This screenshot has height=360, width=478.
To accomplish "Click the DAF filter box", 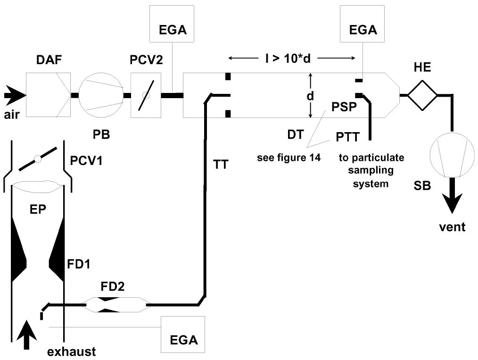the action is pyautogui.click(x=48, y=95).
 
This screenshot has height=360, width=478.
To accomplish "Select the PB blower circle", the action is pyautogui.click(x=101, y=95).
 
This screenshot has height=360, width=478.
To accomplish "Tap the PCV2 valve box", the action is pyautogui.click(x=146, y=95).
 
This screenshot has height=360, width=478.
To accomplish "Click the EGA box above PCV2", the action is pyautogui.click(x=172, y=24).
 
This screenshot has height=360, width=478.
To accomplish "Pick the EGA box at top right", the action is pyautogui.click(x=362, y=24).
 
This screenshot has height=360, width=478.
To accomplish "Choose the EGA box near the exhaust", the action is pyautogui.click(x=183, y=335).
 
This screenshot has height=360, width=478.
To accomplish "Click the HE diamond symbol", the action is pyautogui.click(x=422, y=95).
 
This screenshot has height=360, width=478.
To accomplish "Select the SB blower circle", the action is pyautogui.click(x=452, y=154).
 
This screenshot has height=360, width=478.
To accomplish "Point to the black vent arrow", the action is pyautogui.click(x=452, y=195).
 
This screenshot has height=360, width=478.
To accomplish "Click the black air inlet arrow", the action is pyautogui.click(x=15, y=95).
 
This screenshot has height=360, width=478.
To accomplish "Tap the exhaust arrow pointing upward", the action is pyautogui.click(x=26, y=335).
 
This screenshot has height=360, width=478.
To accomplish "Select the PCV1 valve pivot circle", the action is pyautogui.click(x=38, y=159).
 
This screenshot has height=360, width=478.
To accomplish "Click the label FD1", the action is pyautogui.click(x=79, y=264).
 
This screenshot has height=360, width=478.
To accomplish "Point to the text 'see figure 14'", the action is pyautogui.click(x=288, y=158).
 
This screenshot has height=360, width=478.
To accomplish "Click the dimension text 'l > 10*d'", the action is pyautogui.click(x=288, y=58).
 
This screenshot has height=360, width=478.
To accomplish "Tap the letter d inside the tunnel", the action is pyautogui.click(x=310, y=96).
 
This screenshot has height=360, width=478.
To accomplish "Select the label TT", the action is pyautogui.click(x=221, y=165).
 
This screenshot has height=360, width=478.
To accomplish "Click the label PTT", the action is pyautogui.click(x=348, y=137).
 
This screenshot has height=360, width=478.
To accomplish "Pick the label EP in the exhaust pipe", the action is pyautogui.click(x=38, y=209).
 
